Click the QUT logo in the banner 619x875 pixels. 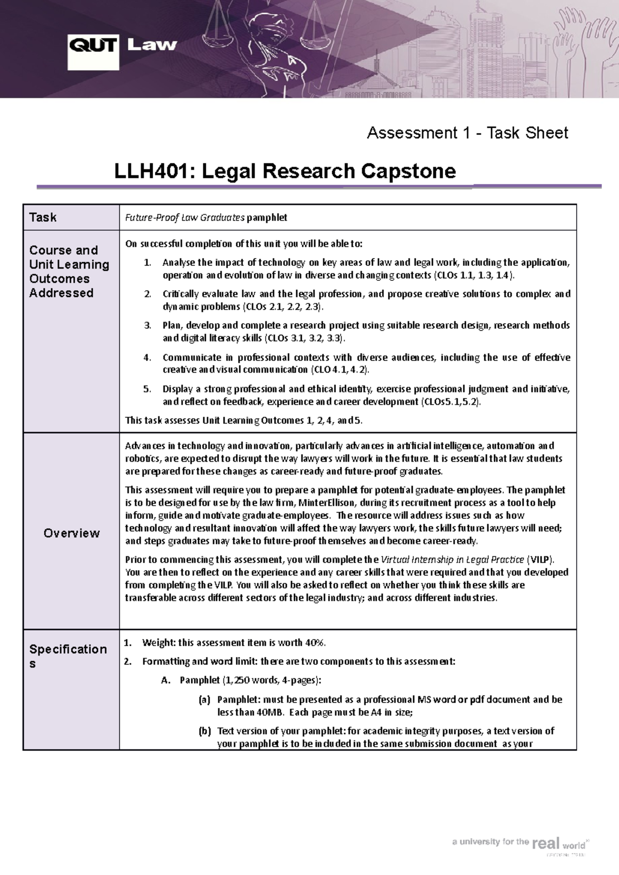93,52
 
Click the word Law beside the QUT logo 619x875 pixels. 152,45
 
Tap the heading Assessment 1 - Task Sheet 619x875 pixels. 467,133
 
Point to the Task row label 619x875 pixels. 43,217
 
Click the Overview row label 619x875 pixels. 71,533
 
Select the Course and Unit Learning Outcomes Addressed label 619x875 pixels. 69,272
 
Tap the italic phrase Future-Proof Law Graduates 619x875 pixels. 185,217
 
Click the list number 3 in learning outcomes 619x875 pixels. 147,325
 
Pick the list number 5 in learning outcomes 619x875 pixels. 147,389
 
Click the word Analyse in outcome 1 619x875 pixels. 178,262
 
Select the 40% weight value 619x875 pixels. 315,643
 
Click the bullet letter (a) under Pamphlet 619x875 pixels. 204,700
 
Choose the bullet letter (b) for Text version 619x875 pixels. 204,731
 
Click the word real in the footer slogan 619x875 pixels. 546,843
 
